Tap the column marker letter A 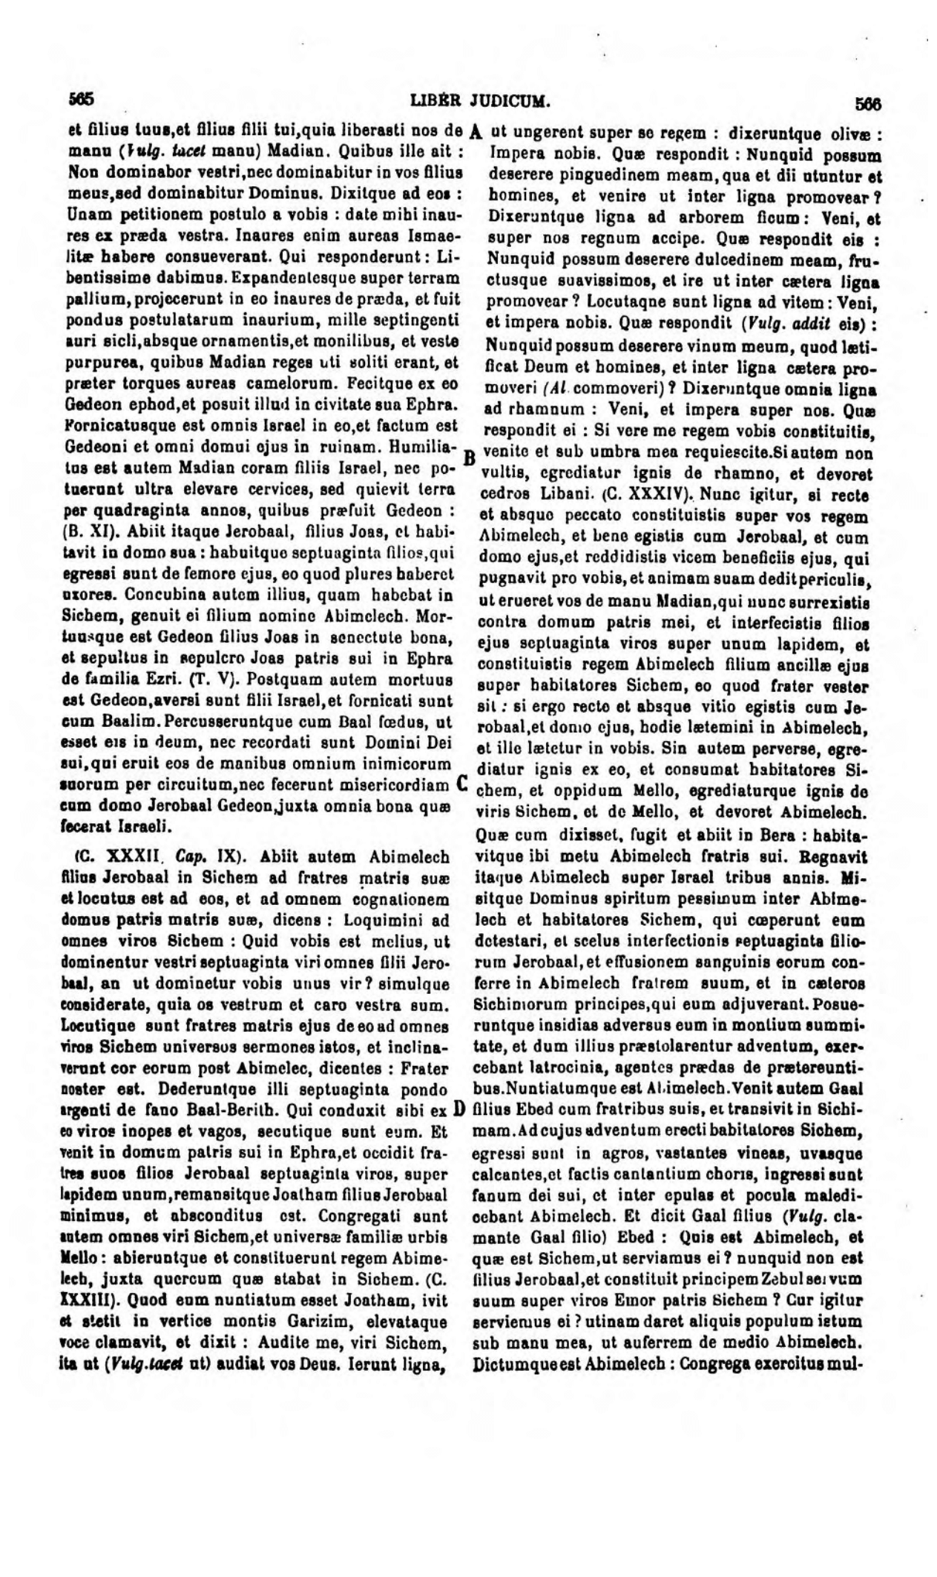pos(476,132)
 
